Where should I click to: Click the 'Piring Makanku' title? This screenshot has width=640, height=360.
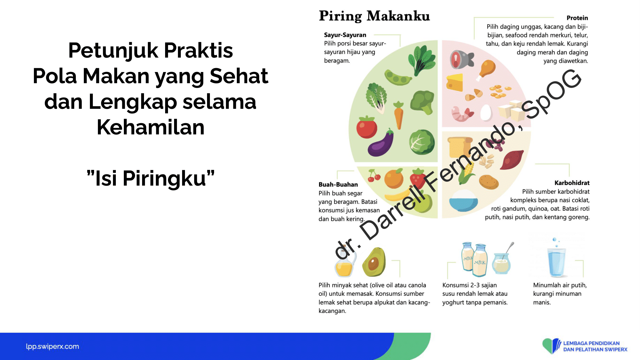[374, 16]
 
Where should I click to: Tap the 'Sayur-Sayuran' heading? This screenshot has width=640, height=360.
[345, 35]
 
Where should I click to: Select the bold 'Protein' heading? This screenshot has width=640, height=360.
[577, 18]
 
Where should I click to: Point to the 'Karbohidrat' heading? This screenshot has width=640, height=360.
[572, 183]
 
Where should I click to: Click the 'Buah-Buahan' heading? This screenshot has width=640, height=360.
[338, 184]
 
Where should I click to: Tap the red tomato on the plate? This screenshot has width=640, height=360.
[367, 127]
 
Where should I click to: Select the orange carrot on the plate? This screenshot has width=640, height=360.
[398, 115]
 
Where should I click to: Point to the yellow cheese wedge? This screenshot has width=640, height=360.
[455, 82]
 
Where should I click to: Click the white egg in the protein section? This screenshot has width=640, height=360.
[486, 112]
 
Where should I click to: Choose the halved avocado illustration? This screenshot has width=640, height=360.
[374, 262]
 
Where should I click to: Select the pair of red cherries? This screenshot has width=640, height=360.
[373, 176]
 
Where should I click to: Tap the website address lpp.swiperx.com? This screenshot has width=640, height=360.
[52, 346]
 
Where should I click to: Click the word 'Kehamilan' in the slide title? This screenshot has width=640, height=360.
[150, 127]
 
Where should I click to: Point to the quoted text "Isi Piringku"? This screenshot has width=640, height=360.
[150, 178]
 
